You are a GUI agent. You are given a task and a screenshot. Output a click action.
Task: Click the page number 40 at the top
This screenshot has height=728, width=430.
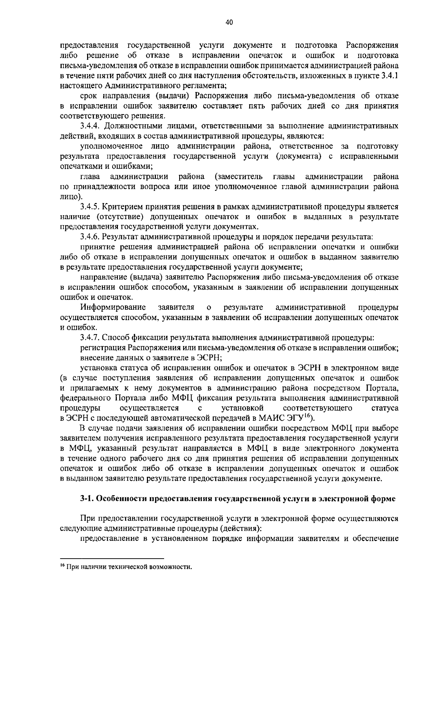[x=229, y=23]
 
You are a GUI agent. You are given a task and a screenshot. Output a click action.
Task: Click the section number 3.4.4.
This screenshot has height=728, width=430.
[x=92, y=126]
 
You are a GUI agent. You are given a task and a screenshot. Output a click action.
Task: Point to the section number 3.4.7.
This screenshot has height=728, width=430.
[x=92, y=337]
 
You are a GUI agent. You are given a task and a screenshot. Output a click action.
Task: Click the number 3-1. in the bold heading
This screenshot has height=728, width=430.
[x=87, y=499]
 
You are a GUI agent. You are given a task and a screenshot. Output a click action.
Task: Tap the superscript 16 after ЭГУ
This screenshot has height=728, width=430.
[x=307, y=415]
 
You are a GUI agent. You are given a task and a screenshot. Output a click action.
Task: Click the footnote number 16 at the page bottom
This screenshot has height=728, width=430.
[x=62, y=566]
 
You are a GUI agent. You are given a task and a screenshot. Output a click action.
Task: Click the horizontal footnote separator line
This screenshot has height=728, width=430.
[x=112, y=558]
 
